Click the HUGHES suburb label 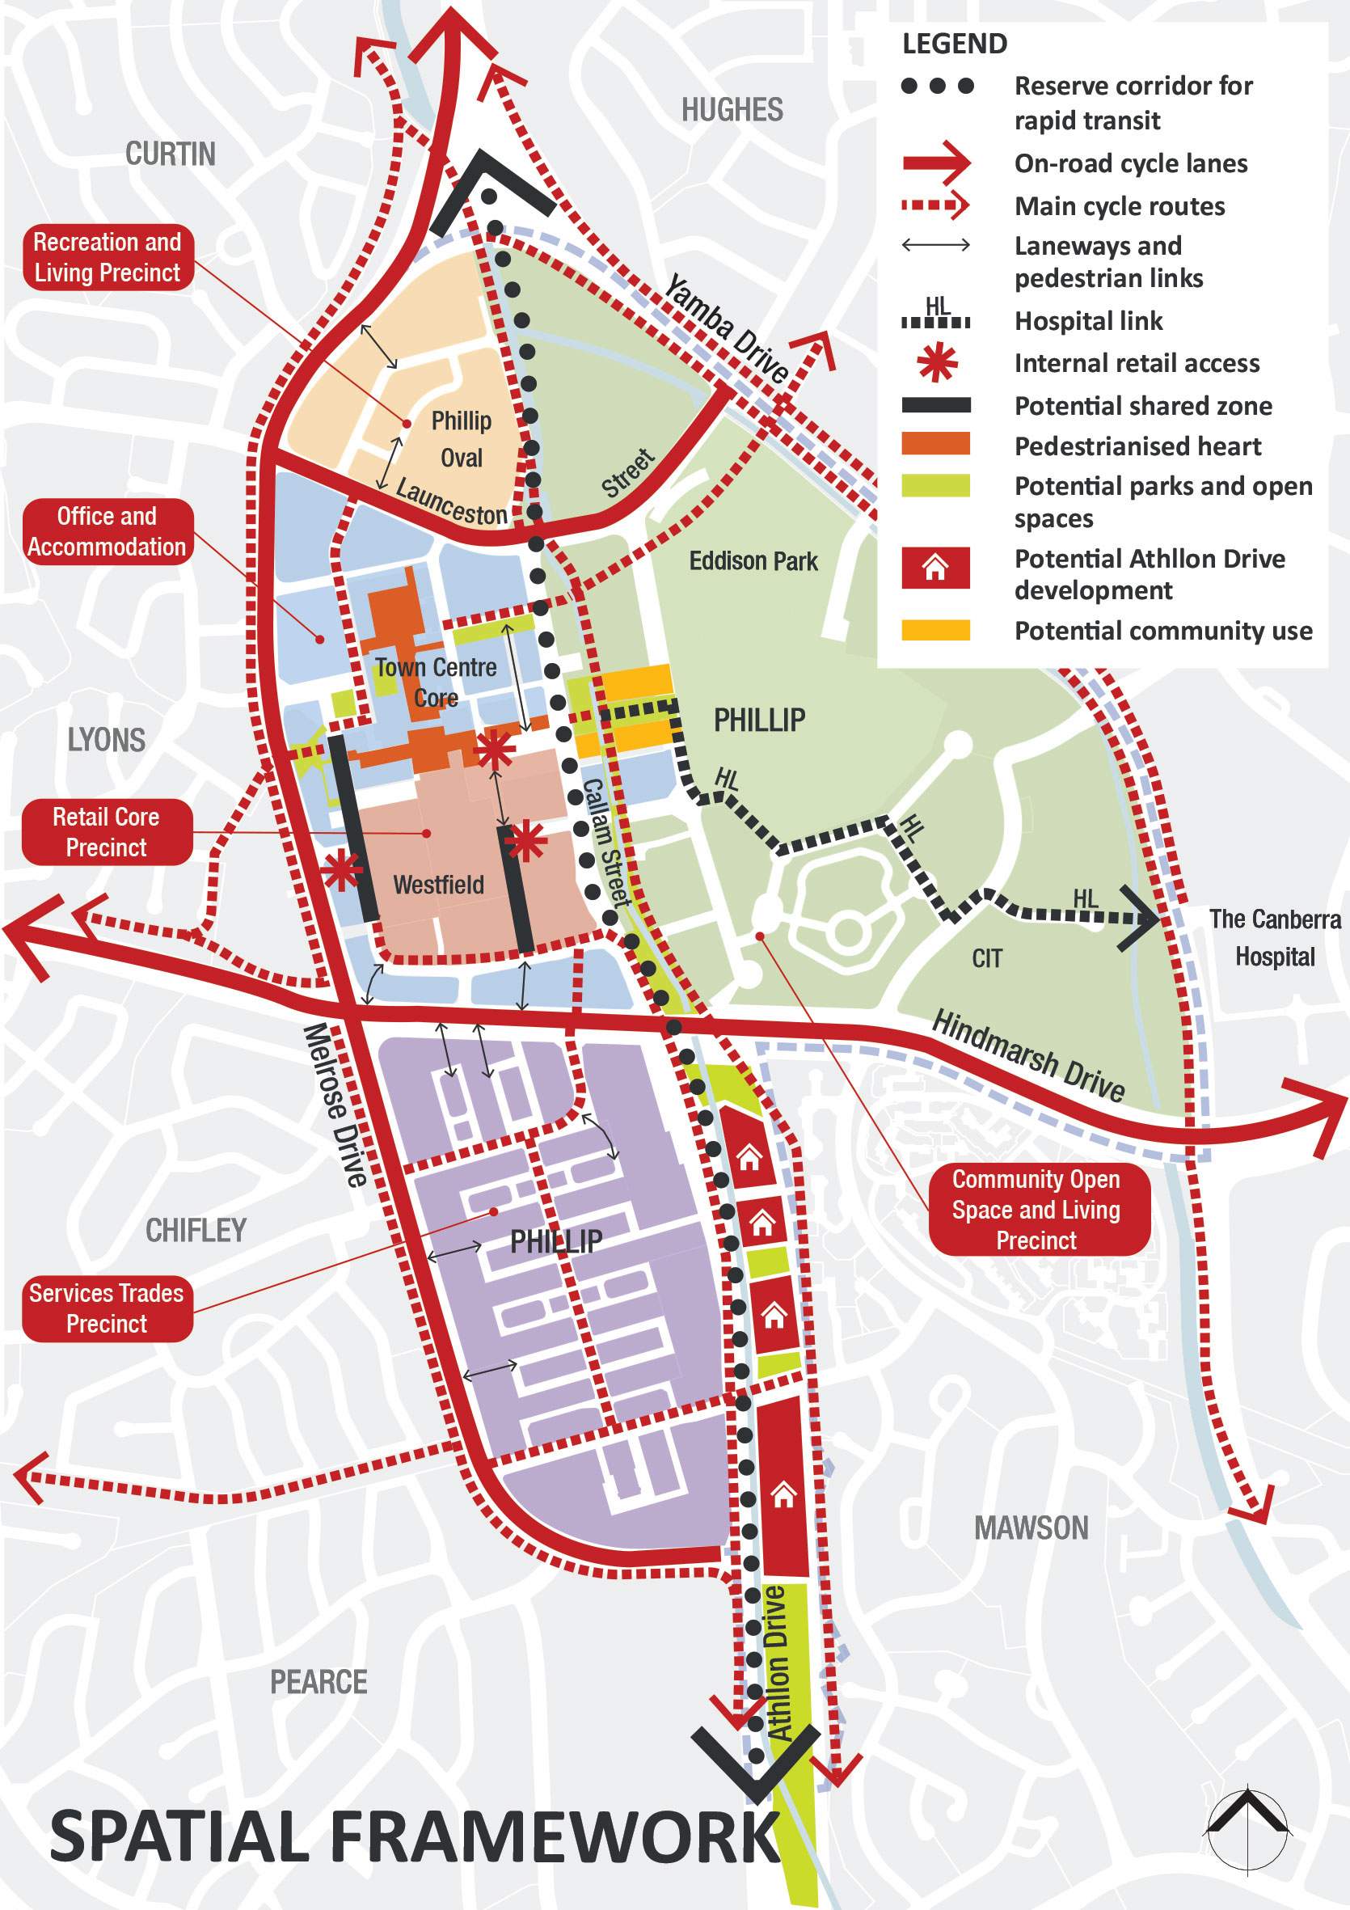pyautogui.click(x=732, y=110)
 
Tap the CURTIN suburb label pyautogui.click(x=170, y=154)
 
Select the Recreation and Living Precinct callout pyautogui.click(x=108, y=257)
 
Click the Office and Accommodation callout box pyautogui.click(x=108, y=531)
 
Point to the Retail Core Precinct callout pyautogui.click(x=107, y=832)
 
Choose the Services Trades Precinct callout pyautogui.click(x=107, y=1308)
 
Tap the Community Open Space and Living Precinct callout pyautogui.click(x=1036, y=1210)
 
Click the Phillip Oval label pyautogui.click(x=461, y=439)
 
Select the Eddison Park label pyautogui.click(x=753, y=561)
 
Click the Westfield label pyautogui.click(x=438, y=885)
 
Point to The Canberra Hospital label pyautogui.click(x=1274, y=937)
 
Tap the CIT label pyautogui.click(x=986, y=959)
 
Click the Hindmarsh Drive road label pyautogui.click(x=1028, y=1055)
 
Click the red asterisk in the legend pyautogui.click(x=936, y=364)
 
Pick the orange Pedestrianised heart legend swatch pyautogui.click(x=936, y=444)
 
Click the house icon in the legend pyautogui.click(x=936, y=569)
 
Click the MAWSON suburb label pyautogui.click(x=1031, y=1528)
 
